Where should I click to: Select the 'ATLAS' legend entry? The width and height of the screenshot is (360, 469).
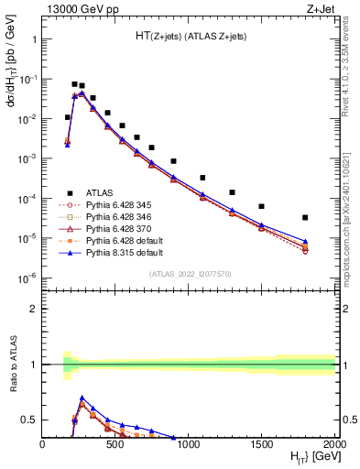tap(100, 192)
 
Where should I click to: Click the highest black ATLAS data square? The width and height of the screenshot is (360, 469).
tap(74, 84)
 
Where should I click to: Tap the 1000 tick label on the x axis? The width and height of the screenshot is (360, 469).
tap(189, 443)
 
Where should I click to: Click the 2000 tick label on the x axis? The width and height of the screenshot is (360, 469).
tap(333, 443)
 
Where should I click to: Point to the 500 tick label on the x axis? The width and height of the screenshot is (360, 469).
tap(115, 443)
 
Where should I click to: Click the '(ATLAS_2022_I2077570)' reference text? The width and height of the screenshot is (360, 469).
tap(190, 274)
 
